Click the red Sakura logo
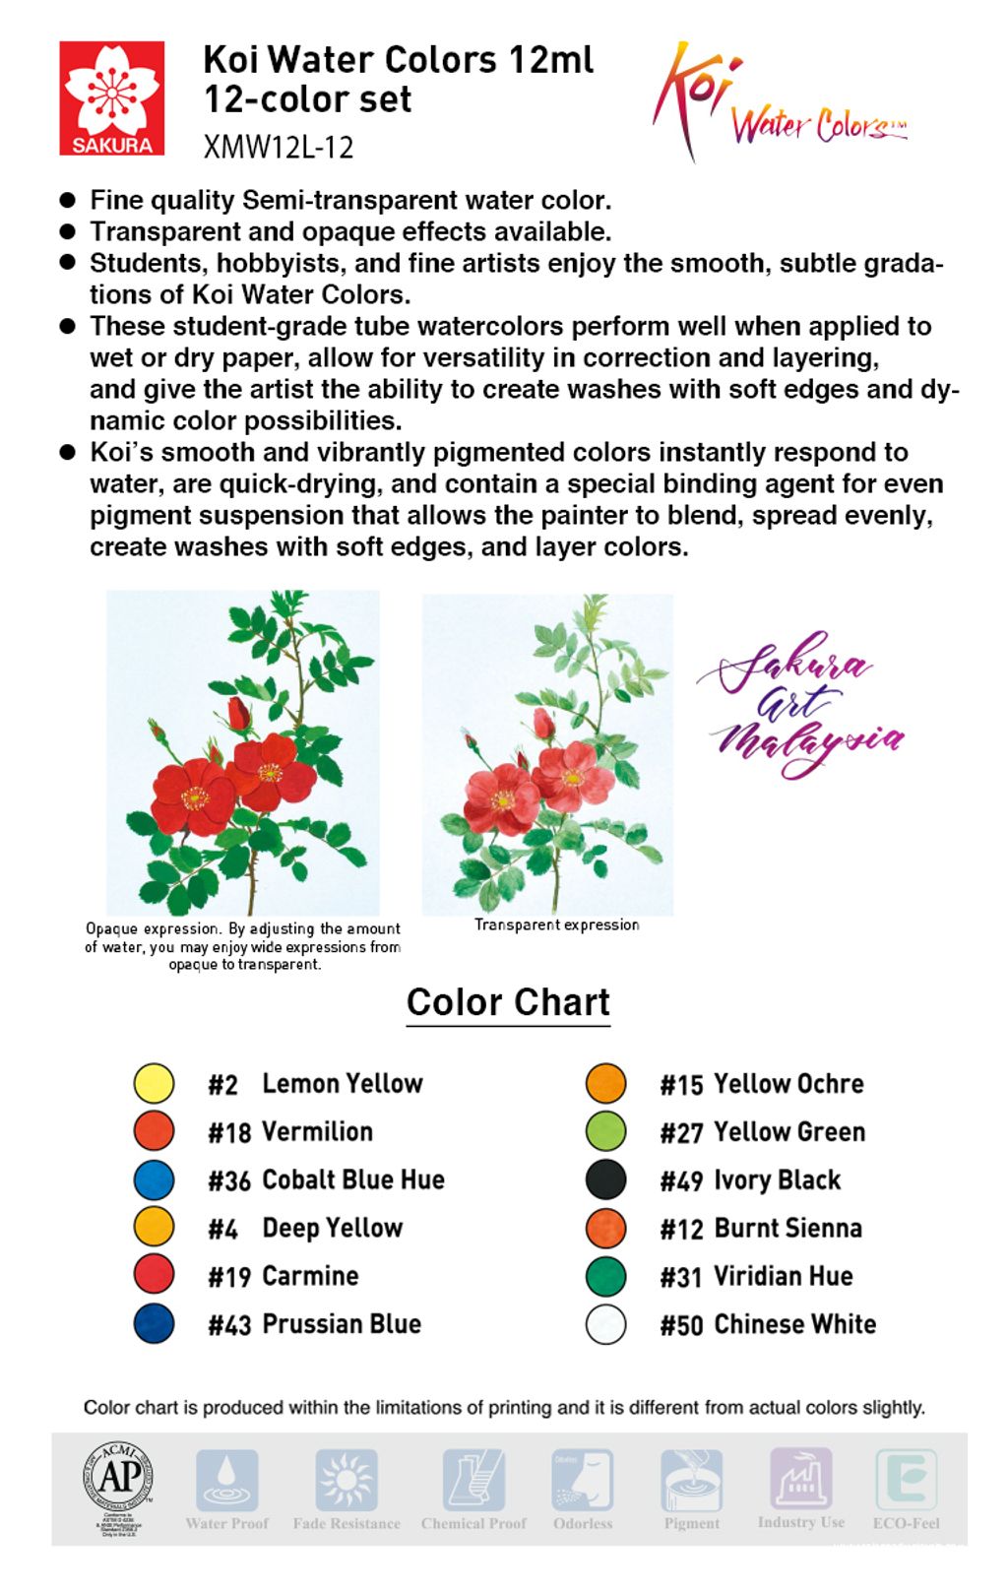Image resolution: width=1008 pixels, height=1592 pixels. click(111, 98)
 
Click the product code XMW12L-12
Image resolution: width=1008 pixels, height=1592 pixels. click(279, 148)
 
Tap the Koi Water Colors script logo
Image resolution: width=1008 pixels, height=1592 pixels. click(778, 103)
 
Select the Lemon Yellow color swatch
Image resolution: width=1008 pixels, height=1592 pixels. click(154, 1083)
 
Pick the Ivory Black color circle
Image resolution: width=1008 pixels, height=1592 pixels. click(605, 1179)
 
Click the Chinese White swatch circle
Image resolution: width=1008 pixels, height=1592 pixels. click(605, 1324)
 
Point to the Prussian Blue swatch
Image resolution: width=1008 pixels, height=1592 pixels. click(154, 1324)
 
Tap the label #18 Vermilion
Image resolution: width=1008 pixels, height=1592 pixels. click(290, 1132)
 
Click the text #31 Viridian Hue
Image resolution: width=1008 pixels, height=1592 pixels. click(756, 1277)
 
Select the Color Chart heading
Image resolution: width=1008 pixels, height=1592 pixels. click(508, 1002)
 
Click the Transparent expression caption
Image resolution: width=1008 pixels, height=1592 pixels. click(556, 924)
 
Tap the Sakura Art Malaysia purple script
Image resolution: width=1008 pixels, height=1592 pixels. click(799, 704)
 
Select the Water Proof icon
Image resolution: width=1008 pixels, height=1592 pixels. click(226, 1480)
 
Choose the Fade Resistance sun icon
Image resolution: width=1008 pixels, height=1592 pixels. click(346, 1480)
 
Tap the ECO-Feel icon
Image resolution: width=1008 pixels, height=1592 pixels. click(906, 1480)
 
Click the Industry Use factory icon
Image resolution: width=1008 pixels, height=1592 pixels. click(800, 1478)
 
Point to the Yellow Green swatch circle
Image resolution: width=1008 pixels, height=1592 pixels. click(605, 1131)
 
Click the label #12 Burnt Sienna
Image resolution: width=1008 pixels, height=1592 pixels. click(761, 1229)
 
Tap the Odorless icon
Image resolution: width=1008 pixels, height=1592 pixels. click(582, 1480)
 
